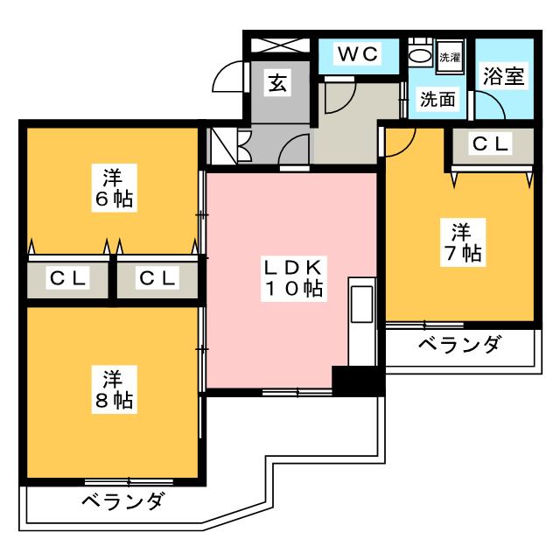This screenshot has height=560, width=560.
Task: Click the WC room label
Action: click(x=358, y=54)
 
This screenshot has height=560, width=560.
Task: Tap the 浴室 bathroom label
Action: click(x=504, y=76)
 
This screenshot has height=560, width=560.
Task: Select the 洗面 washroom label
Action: click(x=437, y=99)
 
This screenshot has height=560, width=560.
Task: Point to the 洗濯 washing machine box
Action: click(x=450, y=57)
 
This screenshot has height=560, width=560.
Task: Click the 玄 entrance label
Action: click(x=277, y=83)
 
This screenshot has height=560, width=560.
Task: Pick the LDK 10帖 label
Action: click(x=294, y=278)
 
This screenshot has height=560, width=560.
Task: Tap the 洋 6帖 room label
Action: click(x=115, y=188)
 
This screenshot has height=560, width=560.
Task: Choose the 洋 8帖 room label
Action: click(x=115, y=389)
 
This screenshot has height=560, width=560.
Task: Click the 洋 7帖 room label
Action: click(x=463, y=242)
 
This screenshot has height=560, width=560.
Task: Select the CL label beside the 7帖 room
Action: click(x=490, y=143)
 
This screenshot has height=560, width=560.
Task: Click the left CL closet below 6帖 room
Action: click(x=68, y=278)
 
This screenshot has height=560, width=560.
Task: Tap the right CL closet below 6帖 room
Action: click(x=157, y=278)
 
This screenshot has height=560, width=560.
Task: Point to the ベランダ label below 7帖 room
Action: click(x=459, y=344)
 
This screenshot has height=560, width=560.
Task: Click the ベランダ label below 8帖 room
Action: click(x=123, y=500)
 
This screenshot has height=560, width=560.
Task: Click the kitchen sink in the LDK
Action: click(x=362, y=304)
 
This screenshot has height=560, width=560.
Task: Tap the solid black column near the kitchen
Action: click(x=358, y=381)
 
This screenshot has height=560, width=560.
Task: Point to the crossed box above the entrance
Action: click(x=280, y=45)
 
